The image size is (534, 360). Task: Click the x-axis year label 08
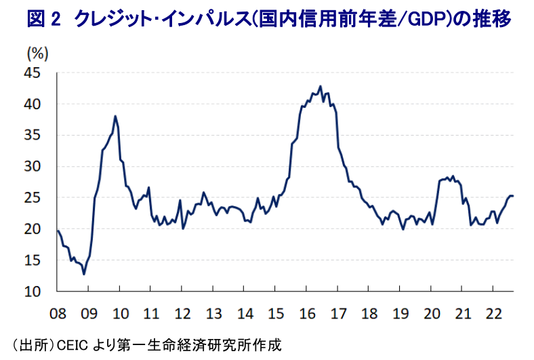point(57,314)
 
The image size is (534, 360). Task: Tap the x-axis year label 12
point(182,314)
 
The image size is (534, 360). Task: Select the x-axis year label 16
point(306,314)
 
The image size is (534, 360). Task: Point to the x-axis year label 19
point(400,314)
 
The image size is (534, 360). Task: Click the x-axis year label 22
point(493,314)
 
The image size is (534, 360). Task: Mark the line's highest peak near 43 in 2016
point(320,87)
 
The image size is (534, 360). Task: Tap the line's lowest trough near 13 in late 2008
point(84,274)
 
